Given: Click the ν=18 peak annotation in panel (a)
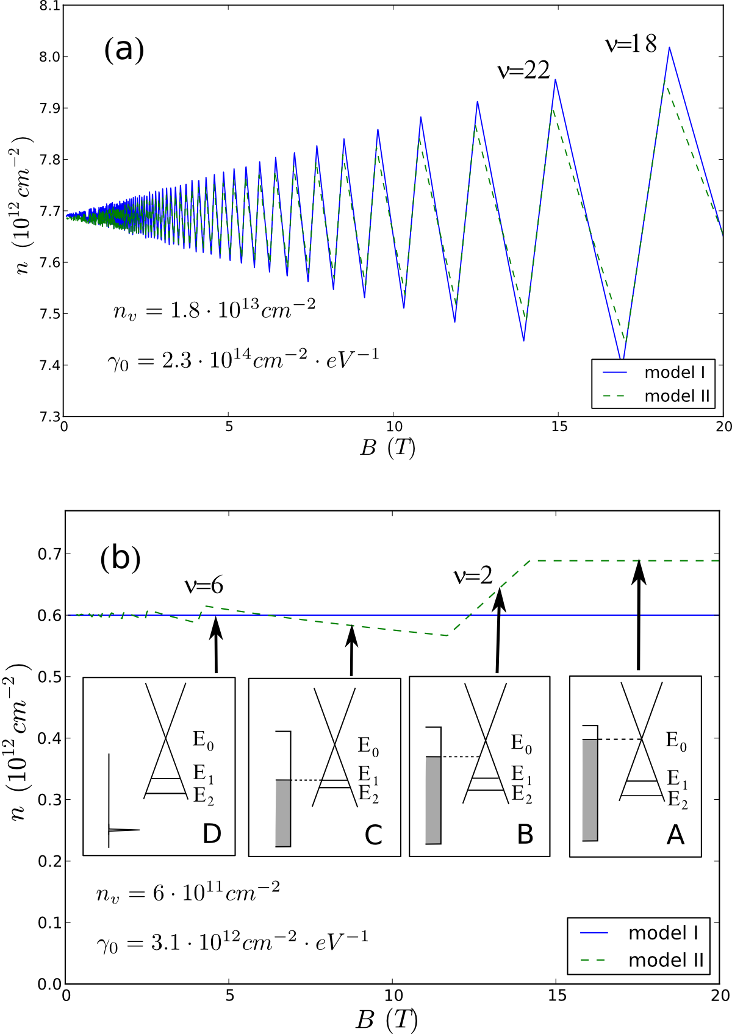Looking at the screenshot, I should click(631, 43).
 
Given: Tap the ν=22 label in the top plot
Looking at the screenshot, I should click(524, 71).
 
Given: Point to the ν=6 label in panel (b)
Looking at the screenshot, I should click(204, 585).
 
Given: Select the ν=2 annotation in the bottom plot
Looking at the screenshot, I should click(473, 576).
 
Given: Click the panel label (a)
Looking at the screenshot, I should click(124, 49).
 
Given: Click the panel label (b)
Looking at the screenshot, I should click(120, 557).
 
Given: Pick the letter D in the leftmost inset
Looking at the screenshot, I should click(212, 833).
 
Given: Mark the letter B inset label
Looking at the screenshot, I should click(525, 834).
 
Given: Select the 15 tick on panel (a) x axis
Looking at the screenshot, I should click(559, 427).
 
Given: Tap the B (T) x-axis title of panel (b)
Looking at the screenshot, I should click(386, 1019).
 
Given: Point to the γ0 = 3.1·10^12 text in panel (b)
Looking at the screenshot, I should click(232, 943).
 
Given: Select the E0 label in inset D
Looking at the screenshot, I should click(203, 740).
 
